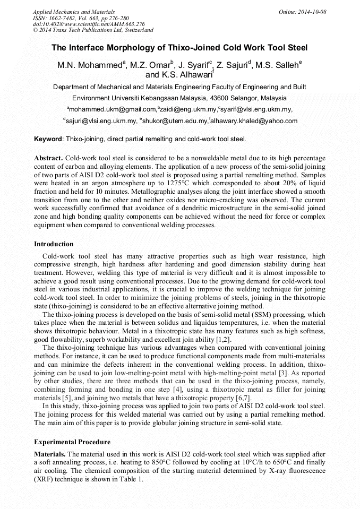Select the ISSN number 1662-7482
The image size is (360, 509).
point(65,18)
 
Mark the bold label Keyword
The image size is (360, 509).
point(48,140)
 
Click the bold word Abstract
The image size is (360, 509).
point(48,158)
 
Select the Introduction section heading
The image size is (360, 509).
point(54,244)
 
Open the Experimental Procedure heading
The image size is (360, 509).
point(72,442)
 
